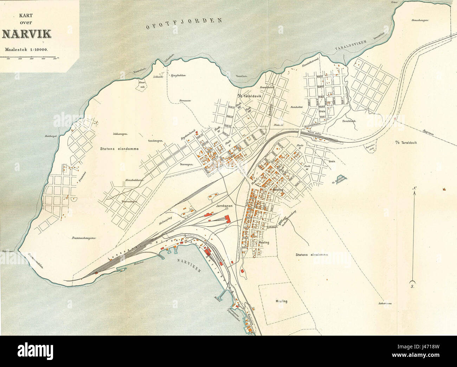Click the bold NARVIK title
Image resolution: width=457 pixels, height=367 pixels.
[27, 34]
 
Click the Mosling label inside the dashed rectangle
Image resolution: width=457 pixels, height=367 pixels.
[282, 301]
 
